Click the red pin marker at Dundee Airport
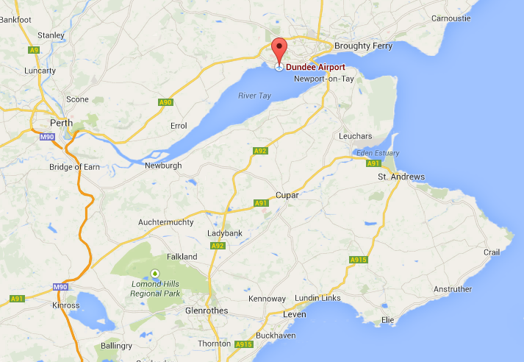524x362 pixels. click(279, 51)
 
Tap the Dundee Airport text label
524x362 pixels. click(315, 67)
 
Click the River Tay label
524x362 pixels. click(254, 96)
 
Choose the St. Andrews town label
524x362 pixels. click(401, 177)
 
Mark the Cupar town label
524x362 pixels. click(286, 195)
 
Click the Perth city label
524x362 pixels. click(61, 123)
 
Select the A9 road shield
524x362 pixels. click(34, 50)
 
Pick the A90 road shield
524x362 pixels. click(165, 102)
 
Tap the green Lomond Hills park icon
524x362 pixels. click(154, 274)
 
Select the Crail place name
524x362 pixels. click(492, 252)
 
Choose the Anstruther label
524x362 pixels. click(453, 289)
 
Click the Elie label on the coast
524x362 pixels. click(387, 321)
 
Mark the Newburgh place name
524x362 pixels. click(162, 166)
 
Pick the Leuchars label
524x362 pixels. click(356, 136)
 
